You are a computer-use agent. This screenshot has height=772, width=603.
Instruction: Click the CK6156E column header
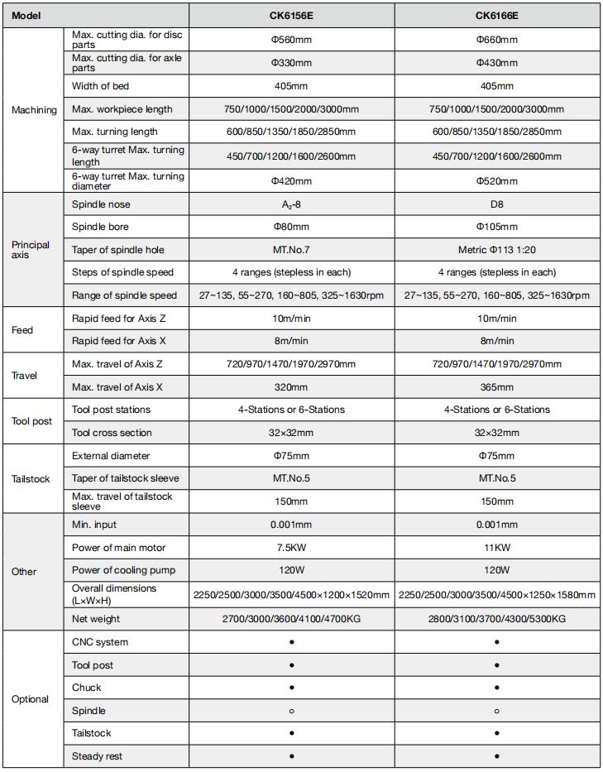coord(292,15)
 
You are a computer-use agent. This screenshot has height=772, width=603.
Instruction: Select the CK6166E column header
coord(496,15)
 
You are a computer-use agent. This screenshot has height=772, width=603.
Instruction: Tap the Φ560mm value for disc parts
coord(292,40)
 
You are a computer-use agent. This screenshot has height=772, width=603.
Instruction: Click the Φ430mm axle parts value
coord(496,63)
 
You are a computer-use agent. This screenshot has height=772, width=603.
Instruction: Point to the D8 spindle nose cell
coord(496,204)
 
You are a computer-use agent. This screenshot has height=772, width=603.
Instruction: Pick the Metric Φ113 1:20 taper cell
coord(496,250)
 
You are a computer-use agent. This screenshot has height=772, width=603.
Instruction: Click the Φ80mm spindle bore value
coord(292,227)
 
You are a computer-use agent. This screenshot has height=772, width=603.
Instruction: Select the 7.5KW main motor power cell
coord(292,548)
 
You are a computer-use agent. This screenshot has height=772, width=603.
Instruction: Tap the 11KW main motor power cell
coord(496,548)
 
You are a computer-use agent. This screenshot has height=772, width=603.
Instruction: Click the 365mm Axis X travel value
coord(496,386)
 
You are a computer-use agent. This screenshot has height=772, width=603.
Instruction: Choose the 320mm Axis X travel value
coord(292,386)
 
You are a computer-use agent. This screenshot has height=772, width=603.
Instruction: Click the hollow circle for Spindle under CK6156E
coord(292,711)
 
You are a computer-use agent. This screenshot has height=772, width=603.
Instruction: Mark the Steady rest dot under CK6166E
coord(496,756)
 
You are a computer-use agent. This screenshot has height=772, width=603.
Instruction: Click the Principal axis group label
coord(31,250)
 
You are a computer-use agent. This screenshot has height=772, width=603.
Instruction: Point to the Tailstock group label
coord(31,479)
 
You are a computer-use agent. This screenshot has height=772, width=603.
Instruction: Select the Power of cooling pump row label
coord(123,570)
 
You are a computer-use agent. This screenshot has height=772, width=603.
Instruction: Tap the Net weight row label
coord(96,618)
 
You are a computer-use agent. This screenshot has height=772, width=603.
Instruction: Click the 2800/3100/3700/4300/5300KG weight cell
coord(496,618)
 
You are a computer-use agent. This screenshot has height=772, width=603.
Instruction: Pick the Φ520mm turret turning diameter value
coord(496,181)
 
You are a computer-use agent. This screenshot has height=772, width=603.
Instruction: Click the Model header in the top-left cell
coord(27,15)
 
